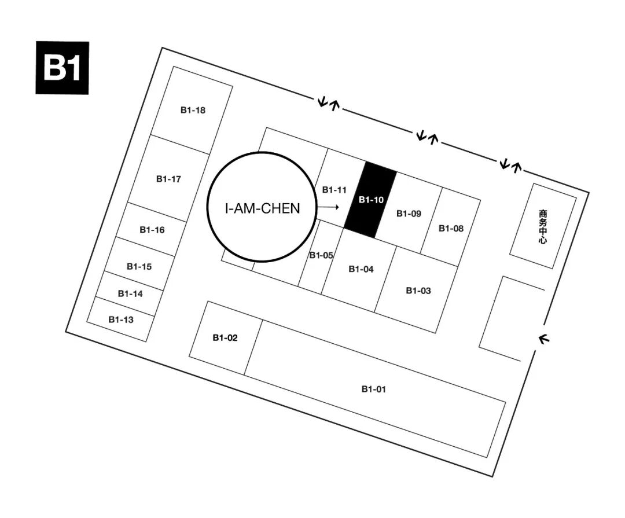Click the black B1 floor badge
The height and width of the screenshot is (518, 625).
coord(62,68)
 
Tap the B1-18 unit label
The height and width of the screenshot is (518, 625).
coord(193,110)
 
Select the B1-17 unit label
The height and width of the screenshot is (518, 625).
coord(168,179)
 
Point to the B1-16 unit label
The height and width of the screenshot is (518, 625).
coord(152,230)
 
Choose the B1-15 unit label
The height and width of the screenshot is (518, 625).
coord(139,266)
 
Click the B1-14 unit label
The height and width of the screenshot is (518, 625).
coord(130,293)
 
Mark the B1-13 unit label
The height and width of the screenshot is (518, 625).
coord(120,319)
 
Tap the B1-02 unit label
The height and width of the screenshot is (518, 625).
coord(225,338)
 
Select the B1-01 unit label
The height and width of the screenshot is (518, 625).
coord(373,389)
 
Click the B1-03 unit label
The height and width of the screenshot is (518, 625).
coord(418,290)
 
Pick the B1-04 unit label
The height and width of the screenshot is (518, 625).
coord(361,269)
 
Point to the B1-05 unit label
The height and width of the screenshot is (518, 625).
coord(321,255)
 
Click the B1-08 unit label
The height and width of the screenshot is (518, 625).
coord(451,228)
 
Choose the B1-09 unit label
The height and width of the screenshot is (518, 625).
coord(409,214)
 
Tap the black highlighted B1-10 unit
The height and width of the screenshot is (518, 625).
coord(371,200)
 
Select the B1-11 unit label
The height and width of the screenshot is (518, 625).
coord(334,190)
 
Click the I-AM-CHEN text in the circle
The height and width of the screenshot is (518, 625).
coord(263,208)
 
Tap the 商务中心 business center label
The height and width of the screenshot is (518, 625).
coord(542,226)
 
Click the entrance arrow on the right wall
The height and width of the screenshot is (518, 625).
coord(543,339)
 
